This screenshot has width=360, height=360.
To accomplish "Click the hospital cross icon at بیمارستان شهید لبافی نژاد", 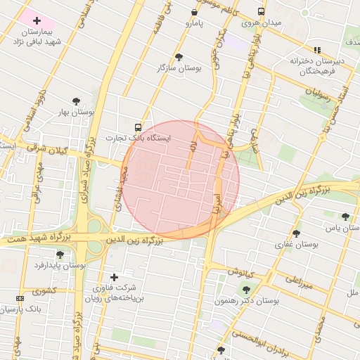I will pos(37,21).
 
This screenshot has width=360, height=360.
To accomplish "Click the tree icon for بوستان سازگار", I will pos(179,56).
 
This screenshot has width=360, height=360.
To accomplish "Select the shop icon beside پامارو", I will pos(195,12).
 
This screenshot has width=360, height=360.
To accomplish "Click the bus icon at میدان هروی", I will pos(261,12).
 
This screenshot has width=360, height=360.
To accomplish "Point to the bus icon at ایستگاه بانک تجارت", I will pos(137,128).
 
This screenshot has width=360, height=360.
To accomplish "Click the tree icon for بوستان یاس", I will pos(345,217).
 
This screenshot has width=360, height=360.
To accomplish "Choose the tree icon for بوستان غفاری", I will pos(296,233).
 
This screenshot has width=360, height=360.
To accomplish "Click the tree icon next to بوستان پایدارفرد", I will pos(59,255).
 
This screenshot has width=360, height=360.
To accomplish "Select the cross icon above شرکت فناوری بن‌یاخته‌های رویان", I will pos(114,277).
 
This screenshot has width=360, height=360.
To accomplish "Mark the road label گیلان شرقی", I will pos(50,149).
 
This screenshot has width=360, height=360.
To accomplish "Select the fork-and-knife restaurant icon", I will pos(317,50).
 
